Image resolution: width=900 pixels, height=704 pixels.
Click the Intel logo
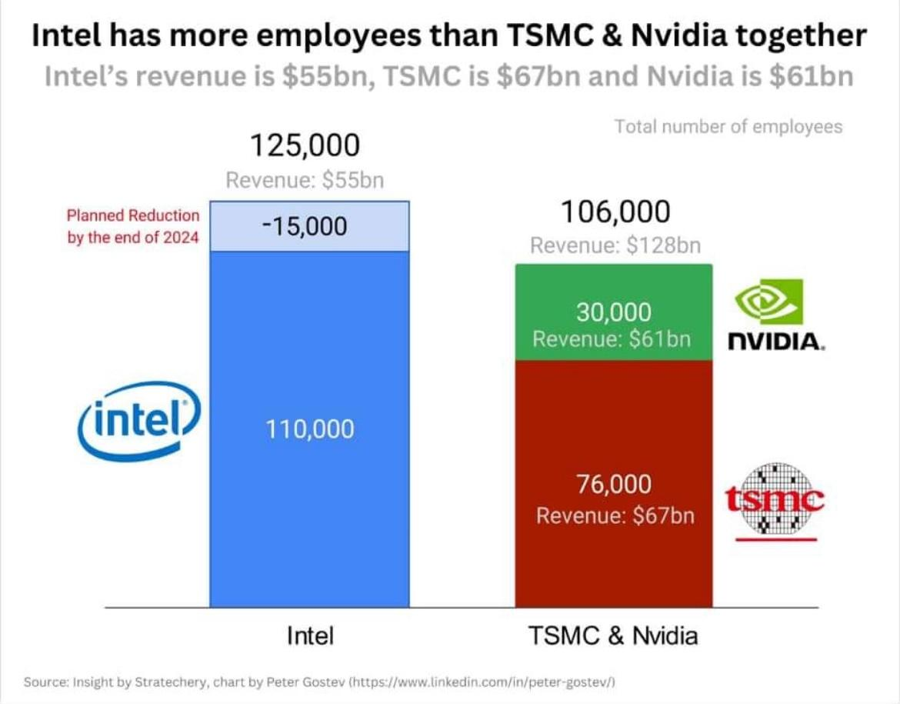pyautogui.click(x=139, y=422)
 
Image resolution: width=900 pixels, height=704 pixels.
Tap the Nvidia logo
pyautogui.click(x=773, y=315)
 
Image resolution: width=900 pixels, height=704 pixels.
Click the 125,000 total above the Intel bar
pyautogui.click(x=305, y=145)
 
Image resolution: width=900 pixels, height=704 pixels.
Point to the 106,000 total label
pyautogui.click(x=615, y=212)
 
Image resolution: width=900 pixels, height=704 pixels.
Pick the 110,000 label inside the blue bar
pyautogui.click(x=310, y=429)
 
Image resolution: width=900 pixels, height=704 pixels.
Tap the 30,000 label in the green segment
pyautogui.click(x=613, y=312)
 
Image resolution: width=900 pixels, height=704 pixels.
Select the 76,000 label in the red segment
pyautogui.click(x=613, y=484)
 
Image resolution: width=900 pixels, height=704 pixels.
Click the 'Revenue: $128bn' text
pyautogui.click(x=615, y=245)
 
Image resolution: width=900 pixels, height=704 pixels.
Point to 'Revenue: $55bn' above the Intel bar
pyautogui.click(x=305, y=180)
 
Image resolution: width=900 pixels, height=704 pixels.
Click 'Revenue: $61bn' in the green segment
pyautogui.click(x=613, y=339)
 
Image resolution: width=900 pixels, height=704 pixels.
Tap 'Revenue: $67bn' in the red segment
pyautogui.click(x=615, y=515)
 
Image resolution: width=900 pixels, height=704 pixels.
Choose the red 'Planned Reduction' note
pyautogui.click(x=133, y=226)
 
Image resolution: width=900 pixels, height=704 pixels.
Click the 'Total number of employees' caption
pyautogui.click(x=728, y=126)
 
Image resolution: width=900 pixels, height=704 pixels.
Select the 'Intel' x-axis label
pyautogui.click(x=310, y=636)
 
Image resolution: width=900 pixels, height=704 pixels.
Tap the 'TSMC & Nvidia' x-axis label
pyautogui.click(x=613, y=636)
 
